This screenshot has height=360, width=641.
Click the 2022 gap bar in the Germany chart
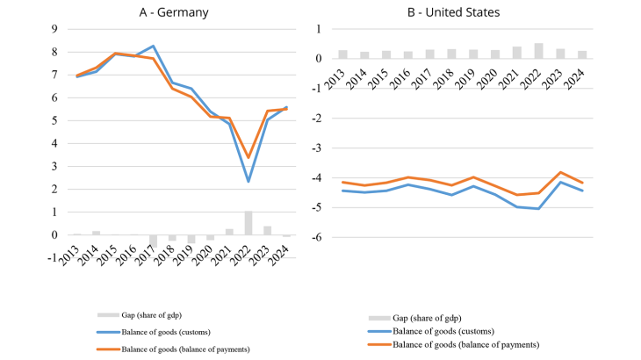(x=248, y=223)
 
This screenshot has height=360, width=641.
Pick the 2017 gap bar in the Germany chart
(x=153, y=241)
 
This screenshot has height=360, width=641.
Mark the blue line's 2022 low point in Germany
(x=248, y=181)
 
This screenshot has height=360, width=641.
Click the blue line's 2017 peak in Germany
(x=153, y=46)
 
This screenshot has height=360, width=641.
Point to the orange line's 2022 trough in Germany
(x=248, y=158)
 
